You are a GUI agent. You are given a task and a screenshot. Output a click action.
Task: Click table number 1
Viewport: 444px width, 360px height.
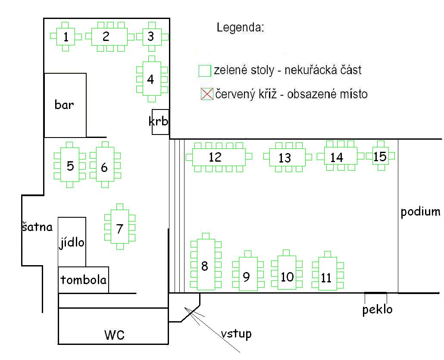[66, 37]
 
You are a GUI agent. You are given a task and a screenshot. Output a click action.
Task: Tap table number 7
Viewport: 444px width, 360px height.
[119, 228]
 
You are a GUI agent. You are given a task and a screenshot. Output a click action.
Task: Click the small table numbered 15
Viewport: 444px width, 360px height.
[380, 156]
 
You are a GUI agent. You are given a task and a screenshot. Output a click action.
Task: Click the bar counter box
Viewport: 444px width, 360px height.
[65, 105]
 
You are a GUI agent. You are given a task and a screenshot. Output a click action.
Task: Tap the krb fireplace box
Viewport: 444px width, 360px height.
[159, 122]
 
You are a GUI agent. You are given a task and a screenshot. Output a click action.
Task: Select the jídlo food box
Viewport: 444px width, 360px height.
[72, 242]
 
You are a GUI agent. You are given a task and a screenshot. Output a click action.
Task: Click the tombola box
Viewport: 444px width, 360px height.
[84, 280]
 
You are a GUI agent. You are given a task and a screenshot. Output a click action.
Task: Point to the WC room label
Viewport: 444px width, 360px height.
[115, 335]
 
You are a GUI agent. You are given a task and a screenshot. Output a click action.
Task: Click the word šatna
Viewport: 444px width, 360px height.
[37, 227]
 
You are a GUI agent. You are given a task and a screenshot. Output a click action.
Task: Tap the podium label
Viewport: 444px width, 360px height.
[421, 212]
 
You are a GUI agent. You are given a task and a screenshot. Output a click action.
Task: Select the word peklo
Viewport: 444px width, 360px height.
[377, 309]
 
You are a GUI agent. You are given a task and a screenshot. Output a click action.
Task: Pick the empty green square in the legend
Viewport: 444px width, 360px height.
[204, 71]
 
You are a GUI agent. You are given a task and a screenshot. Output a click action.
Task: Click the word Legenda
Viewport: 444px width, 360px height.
[240, 28]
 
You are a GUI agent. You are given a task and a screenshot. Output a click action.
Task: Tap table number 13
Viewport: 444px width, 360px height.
[285, 158]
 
